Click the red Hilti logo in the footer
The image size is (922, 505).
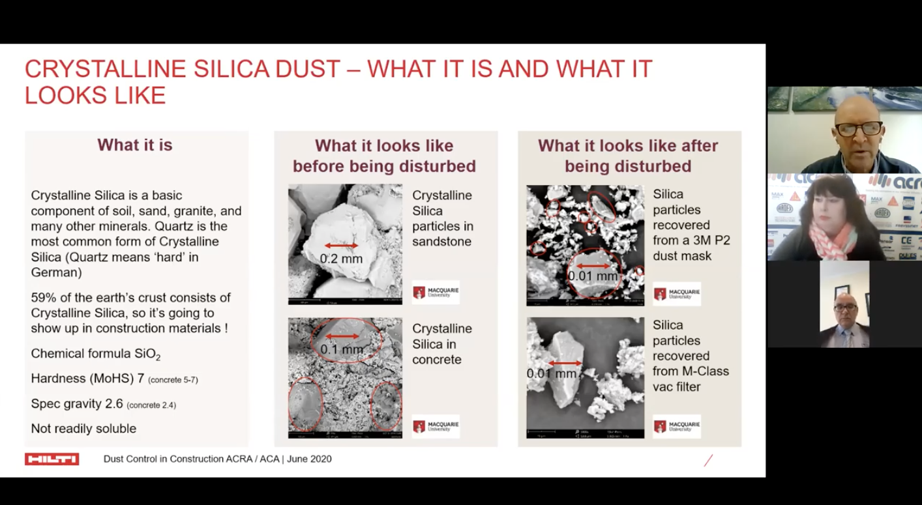click(x=52, y=459)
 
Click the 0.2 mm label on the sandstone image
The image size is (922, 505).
click(x=341, y=259)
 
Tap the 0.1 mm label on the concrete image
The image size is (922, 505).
click(x=342, y=349)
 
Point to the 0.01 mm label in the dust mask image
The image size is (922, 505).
click(x=592, y=276)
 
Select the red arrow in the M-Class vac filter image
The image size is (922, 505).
click(x=565, y=364)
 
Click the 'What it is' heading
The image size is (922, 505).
click(x=135, y=145)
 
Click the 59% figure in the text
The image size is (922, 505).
click(x=42, y=298)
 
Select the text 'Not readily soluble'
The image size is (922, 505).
click(x=83, y=429)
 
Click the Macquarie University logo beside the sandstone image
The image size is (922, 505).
click(x=436, y=293)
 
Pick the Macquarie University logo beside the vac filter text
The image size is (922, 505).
click(x=677, y=426)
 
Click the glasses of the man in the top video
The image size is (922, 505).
click(x=859, y=129)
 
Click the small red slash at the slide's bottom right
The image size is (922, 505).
click(x=708, y=461)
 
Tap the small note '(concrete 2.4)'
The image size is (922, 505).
click(x=151, y=405)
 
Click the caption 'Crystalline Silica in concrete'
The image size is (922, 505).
click(x=441, y=344)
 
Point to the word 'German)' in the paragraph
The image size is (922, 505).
click(x=56, y=273)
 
